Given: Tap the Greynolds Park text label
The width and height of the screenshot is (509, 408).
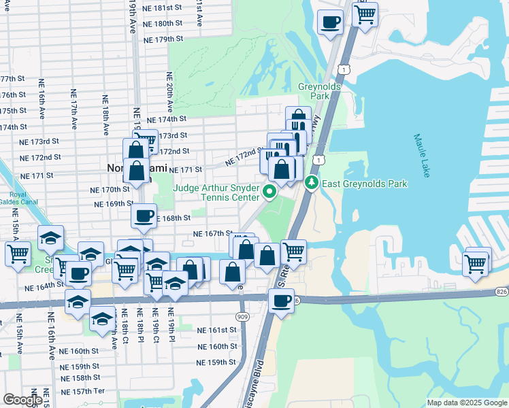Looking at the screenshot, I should click(x=314, y=91).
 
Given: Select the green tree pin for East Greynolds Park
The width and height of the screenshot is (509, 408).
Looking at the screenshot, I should click(x=312, y=183).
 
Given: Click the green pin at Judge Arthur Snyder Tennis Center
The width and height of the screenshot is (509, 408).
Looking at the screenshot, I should click(x=269, y=192).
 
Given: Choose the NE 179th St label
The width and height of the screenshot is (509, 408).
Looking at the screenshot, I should click(x=163, y=39).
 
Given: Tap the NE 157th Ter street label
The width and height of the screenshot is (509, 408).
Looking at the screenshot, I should click(x=82, y=392).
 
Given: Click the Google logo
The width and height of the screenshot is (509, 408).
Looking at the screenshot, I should click(x=22, y=400).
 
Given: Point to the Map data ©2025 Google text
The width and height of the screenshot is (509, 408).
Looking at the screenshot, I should click(x=466, y=403).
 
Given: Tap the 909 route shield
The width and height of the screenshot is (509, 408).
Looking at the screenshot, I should click(x=244, y=316).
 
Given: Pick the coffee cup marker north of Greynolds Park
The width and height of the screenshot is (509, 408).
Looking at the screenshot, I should click(x=330, y=20).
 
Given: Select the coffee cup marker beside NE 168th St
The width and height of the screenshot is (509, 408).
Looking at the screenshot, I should click(x=144, y=215).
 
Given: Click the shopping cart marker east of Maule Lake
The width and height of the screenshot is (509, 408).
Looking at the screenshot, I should click(x=476, y=262).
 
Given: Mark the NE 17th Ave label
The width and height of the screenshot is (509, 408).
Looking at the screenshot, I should click(x=73, y=109).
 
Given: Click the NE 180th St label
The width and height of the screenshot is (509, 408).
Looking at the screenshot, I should click(x=161, y=23).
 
